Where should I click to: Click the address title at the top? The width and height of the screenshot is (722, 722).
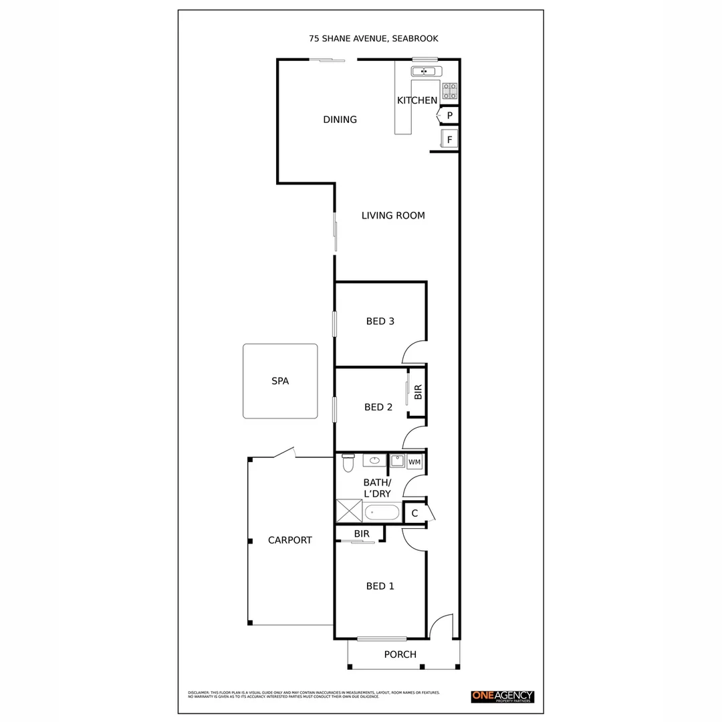click(x=373, y=39)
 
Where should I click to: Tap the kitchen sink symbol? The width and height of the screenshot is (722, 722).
click(x=423, y=72)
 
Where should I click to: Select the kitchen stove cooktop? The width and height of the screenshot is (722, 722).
click(x=450, y=90)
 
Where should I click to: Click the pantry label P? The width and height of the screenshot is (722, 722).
click(x=450, y=116)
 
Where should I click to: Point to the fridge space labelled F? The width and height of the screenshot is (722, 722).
click(x=450, y=140)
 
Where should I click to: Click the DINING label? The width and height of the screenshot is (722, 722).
click(x=340, y=120)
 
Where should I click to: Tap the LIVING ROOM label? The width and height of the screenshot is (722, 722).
click(x=393, y=215)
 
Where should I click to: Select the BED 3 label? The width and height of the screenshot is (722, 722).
click(x=380, y=321)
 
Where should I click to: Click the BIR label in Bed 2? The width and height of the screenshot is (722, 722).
click(x=418, y=392)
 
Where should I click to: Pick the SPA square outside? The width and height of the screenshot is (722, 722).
click(x=279, y=381)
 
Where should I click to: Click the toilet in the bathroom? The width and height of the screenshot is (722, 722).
click(x=348, y=463)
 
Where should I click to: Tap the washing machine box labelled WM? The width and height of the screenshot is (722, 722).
click(x=414, y=462)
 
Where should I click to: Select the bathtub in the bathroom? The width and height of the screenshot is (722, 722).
click(x=382, y=513)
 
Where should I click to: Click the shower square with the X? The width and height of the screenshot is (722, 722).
click(x=349, y=511)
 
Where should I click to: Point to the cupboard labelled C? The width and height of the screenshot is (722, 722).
click(x=414, y=513)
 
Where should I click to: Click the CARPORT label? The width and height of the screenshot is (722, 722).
click(x=289, y=540)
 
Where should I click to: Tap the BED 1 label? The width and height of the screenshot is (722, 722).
click(x=380, y=586)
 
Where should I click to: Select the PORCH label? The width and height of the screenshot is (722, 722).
click(x=400, y=654)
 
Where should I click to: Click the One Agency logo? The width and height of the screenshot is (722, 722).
click(x=503, y=696)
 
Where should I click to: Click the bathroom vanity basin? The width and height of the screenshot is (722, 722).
click(x=375, y=461)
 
